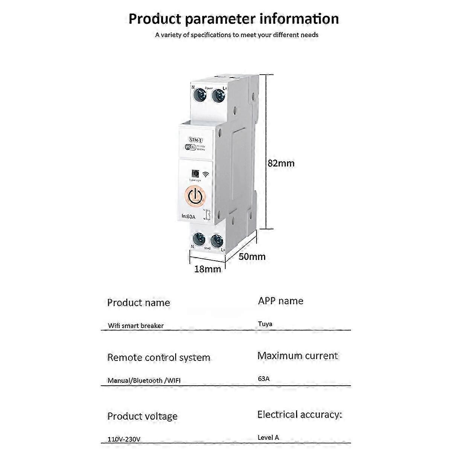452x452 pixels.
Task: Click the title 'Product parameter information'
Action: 234,19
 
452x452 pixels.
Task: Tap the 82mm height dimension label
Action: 281,163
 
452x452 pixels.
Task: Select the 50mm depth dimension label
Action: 252,257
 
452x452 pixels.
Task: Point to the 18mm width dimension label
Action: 208,269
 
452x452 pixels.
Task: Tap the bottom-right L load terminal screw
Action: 217,241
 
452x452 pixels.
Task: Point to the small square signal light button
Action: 195,173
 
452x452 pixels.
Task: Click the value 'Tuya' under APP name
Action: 265,324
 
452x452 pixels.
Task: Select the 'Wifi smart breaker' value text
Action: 136,325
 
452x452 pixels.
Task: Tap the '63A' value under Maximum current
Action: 264,379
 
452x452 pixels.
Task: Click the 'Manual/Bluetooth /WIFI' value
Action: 144,380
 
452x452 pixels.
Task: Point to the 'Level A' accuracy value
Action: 268,437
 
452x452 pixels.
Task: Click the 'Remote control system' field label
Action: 159,357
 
